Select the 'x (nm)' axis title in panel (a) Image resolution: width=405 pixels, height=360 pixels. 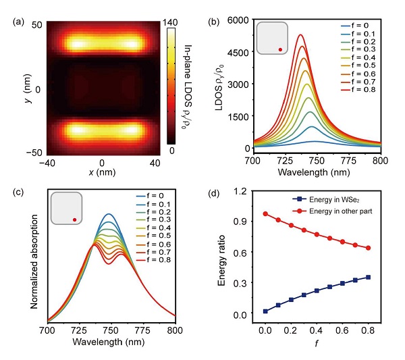[101, 174]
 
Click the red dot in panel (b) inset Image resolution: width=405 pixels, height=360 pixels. [280, 49]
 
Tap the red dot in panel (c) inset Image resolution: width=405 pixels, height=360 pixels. [75, 220]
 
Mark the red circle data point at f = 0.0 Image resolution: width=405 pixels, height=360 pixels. [265, 214]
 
